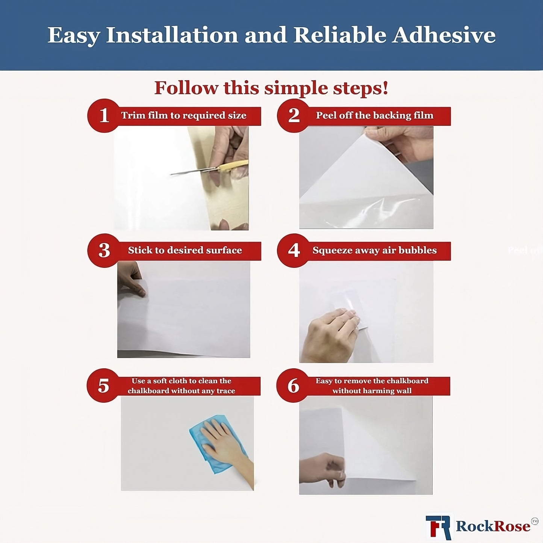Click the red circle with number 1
pyautogui.click(x=104, y=115)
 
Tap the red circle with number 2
pyautogui.click(x=293, y=115)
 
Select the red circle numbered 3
pyautogui.click(x=104, y=250)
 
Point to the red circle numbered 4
pyautogui.click(x=293, y=250)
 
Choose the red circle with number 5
pyautogui.click(x=103, y=386)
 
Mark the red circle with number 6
pyautogui.click(x=293, y=386)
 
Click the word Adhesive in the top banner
pyautogui.click(x=444, y=35)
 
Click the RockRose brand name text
pyautogui.click(x=493, y=526)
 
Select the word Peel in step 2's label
pyautogui.click(x=326, y=115)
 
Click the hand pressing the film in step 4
pyautogui.click(x=331, y=334)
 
